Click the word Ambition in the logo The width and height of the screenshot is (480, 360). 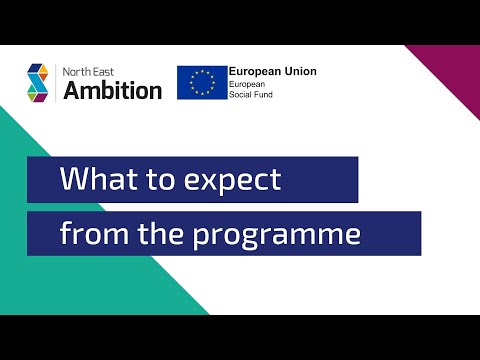(x=112, y=90)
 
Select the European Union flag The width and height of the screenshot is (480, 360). (x=201, y=83)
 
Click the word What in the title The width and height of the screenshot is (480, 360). (x=96, y=181)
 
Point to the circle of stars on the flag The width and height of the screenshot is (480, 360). (x=201, y=83)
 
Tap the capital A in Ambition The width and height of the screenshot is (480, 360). (x=72, y=90)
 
